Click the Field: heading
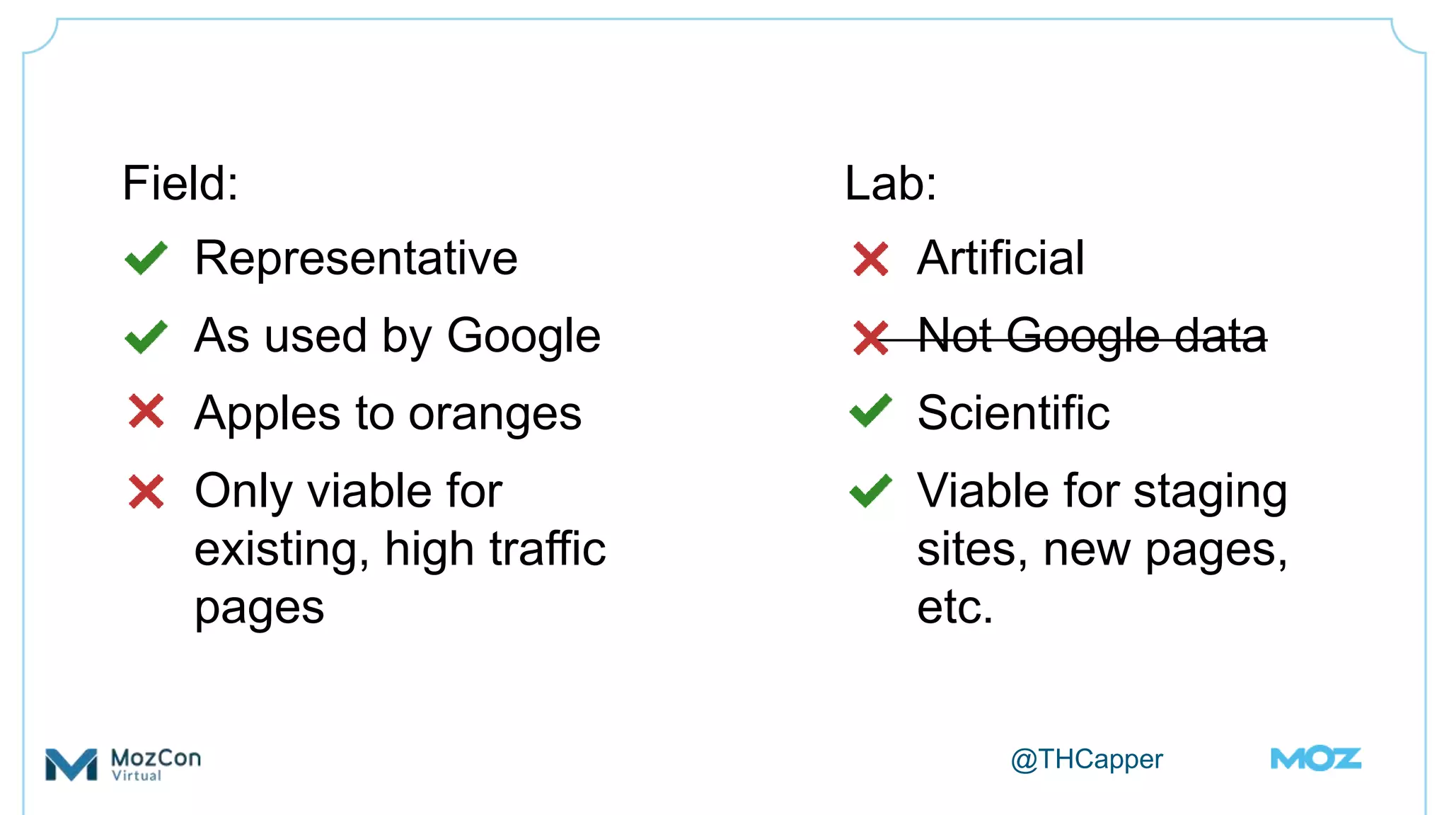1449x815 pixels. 180,183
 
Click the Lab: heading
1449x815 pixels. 890,183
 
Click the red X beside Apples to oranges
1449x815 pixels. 146,412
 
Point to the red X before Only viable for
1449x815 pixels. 146,492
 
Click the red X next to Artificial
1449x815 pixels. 870,259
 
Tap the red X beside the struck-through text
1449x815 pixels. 870,337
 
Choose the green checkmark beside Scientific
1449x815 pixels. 870,411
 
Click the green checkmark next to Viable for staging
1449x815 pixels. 870,490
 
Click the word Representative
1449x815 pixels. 356,258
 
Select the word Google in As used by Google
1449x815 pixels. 524,336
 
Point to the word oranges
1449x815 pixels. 495,414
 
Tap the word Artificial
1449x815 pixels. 1000,258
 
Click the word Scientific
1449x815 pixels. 1013,412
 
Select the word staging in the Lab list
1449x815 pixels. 1210,493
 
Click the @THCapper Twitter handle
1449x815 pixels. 1086,759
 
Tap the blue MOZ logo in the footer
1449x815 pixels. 1315,758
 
